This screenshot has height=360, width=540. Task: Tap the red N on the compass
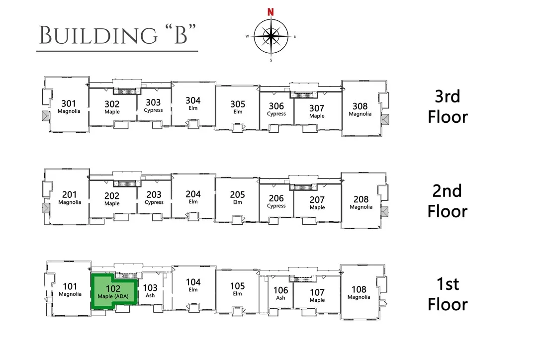pyautogui.click(x=270, y=12)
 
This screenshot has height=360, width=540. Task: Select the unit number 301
pyautogui.click(x=69, y=103)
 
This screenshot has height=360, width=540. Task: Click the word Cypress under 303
pyautogui.click(x=153, y=110)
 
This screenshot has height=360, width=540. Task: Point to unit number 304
pyautogui.click(x=193, y=100)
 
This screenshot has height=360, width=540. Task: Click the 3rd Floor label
pyautogui.click(x=448, y=106)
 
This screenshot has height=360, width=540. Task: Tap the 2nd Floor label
pyautogui.click(x=448, y=201)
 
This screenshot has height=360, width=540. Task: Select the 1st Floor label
pyautogui.click(x=448, y=294)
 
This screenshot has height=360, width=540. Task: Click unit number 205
pyautogui.click(x=237, y=194)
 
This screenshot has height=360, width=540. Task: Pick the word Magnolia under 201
pyautogui.click(x=70, y=202)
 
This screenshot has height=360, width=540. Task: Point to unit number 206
pyautogui.click(x=276, y=198)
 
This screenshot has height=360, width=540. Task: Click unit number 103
pyautogui.click(x=150, y=288)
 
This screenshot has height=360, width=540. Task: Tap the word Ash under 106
pyautogui.click(x=280, y=298)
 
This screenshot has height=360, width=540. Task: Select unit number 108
pyautogui.click(x=359, y=289)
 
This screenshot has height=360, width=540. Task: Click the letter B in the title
pyautogui.click(x=181, y=35)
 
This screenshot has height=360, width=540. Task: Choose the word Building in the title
pyautogui.click(x=98, y=35)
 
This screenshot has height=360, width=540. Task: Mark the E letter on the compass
pyautogui.click(x=294, y=36)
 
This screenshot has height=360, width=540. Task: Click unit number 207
pyautogui.click(x=317, y=200)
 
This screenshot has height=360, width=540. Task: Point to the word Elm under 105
pyautogui.click(x=237, y=293)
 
